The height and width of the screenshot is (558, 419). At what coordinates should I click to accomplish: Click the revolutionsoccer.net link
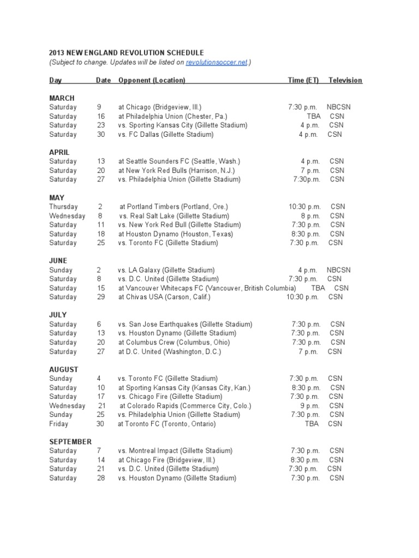(x=217, y=63)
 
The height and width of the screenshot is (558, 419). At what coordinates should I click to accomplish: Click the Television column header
(x=345, y=80)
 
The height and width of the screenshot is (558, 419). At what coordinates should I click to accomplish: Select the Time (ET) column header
(x=303, y=80)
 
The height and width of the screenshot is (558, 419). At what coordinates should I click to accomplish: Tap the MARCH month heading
(x=62, y=98)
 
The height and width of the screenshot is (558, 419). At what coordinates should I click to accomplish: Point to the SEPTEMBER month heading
(x=70, y=441)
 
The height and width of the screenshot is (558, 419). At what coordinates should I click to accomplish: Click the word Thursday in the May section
(x=63, y=207)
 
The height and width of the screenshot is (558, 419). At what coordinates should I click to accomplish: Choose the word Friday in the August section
(x=58, y=423)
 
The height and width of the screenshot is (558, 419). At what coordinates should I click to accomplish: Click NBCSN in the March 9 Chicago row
(x=339, y=107)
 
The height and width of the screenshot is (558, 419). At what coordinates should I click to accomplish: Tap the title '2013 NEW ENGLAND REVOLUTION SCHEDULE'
(x=126, y=53)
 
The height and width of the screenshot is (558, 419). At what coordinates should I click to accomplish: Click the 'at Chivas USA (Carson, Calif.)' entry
(x=164, y=297)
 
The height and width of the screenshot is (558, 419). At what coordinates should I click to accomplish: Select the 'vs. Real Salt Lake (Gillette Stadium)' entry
(x=173, y=216)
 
